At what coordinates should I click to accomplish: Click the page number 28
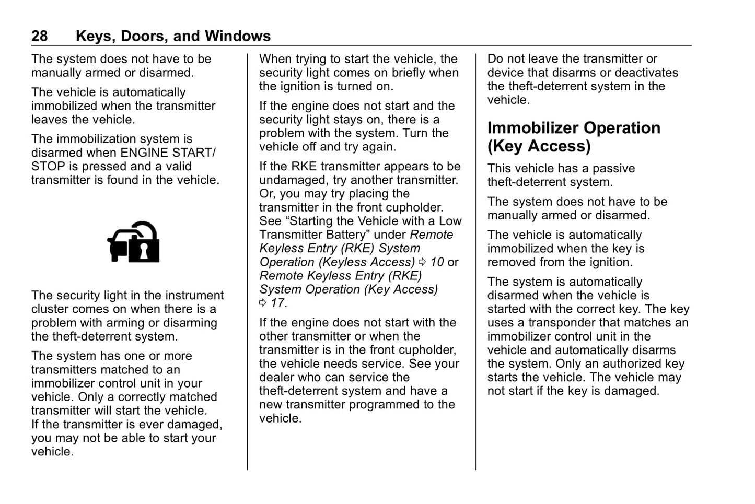(39, 36)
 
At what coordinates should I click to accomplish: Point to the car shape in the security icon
(120, 244)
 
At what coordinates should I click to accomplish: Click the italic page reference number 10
(437, 262)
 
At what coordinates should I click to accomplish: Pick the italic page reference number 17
(278, 303)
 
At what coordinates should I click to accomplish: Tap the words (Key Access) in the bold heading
(539, 146)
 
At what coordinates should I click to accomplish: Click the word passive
(612, 168)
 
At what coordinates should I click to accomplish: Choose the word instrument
(193, 295)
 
